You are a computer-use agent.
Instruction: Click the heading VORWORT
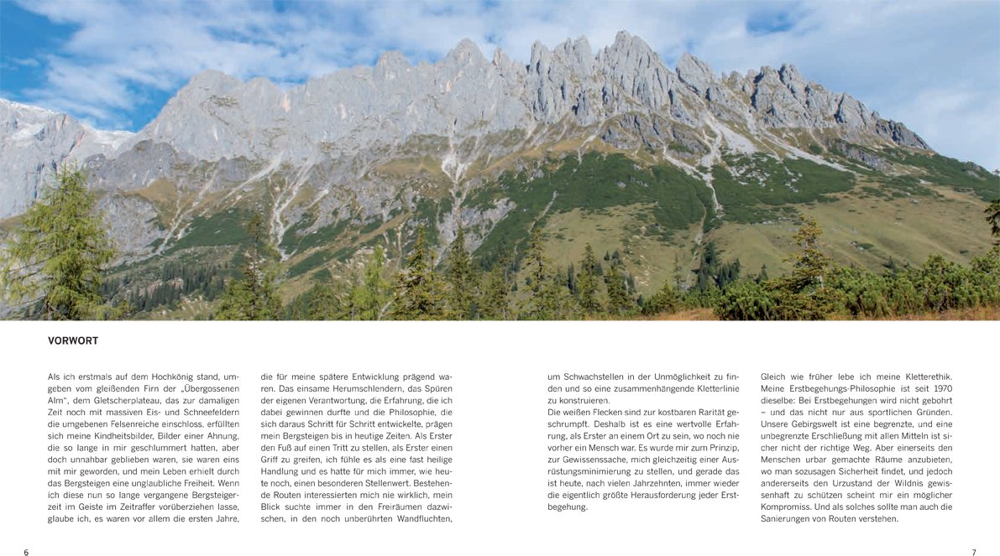[73, 341]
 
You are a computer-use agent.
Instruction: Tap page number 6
[26, 553]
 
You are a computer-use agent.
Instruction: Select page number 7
[974, 553]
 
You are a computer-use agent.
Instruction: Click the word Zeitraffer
[131, 507]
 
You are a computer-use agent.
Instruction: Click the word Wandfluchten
[419, 519]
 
